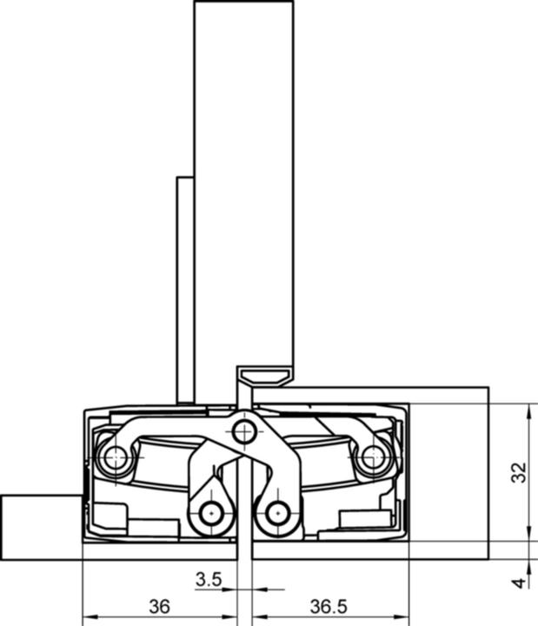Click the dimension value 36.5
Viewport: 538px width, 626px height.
pyautogui.click(x=329, y=605)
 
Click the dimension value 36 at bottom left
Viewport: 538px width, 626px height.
pyautogui.click(x=159, y=605)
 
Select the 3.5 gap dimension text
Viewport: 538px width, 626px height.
pyautogui.click(x=209, y=579)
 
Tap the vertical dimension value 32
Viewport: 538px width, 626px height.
pyautogui.click(x=519, y=472)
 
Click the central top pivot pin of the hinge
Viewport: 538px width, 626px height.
pyautogui.click(x=244, y=430)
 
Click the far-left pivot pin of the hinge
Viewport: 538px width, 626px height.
pyautogui.click(x=113, y=456)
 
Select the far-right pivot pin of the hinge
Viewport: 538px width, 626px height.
pyautogui.click(x=373, y=456)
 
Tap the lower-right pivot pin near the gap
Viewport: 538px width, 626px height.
pyautogui.click(x=277, y=513)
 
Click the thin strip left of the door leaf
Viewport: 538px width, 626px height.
pyautogui.click(x=184, y=287)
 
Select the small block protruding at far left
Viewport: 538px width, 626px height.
pyautogui.click(x=40, y=526)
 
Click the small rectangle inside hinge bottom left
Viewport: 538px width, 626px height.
pyautogui.click(x=153, y=525)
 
